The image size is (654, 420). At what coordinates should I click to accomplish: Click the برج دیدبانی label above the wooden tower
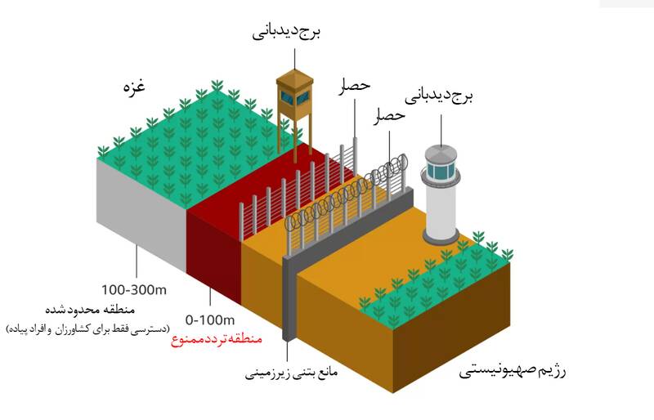(286, 34)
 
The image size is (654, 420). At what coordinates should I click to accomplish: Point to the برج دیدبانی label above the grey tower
(441, 96)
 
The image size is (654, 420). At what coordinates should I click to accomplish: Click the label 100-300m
(135, 289)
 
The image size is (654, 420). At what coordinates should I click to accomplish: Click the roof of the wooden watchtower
(294, 78)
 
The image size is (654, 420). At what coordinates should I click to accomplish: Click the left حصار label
(354, 84)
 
